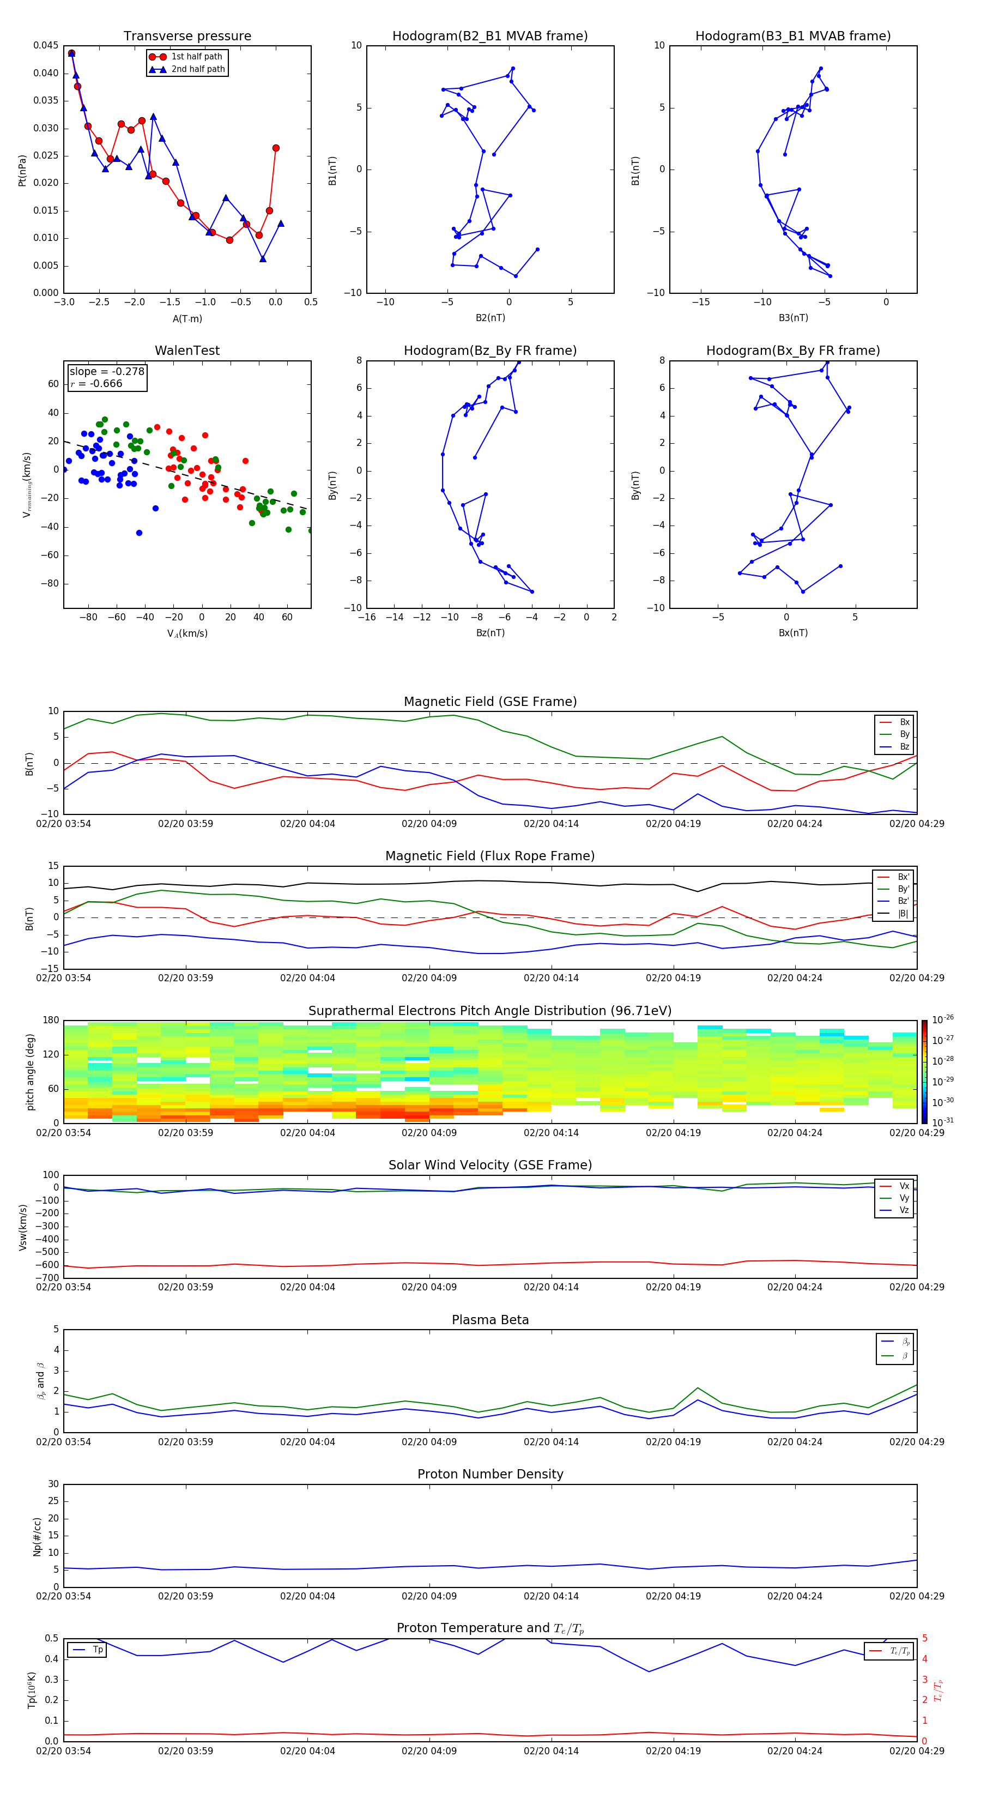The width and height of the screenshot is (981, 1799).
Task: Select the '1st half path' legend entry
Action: [x=196, y=57]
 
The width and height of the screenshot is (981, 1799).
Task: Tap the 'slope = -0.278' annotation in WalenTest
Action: [x=107, y=372]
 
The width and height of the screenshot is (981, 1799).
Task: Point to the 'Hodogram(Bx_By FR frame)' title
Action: [x=792, y=351]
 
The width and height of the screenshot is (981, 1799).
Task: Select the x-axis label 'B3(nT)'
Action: [x=793, y=318]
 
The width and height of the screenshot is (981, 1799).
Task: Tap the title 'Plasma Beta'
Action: [x=490, y=1320]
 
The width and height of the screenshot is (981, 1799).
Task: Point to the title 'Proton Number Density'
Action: [x=490, y=1474]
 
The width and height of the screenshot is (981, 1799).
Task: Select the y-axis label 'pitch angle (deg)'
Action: [x=30, y=1072]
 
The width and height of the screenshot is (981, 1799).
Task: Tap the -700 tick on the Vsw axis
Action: [x=47, y=1278]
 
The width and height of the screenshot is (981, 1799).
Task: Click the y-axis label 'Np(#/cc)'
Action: [x=37, y=1536]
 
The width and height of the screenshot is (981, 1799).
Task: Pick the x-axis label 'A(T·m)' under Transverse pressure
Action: [x=187, y=319]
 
